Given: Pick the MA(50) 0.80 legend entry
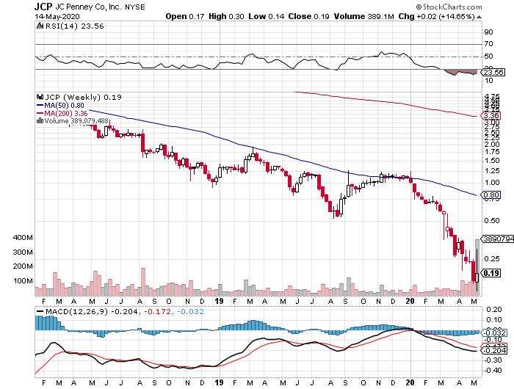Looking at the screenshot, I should (62, 105).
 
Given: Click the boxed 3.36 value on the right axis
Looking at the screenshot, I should (491, 115).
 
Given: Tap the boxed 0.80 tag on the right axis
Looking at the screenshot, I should (491, 195).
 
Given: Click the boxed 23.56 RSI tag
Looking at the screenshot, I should (491, 73).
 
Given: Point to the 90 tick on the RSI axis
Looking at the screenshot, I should (488, 32).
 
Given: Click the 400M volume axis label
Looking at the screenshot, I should (23, 238).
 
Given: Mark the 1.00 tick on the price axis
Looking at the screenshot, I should (491, 182).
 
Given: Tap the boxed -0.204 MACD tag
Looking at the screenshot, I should (491, 351).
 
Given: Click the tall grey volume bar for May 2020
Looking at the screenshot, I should (477, 268).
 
